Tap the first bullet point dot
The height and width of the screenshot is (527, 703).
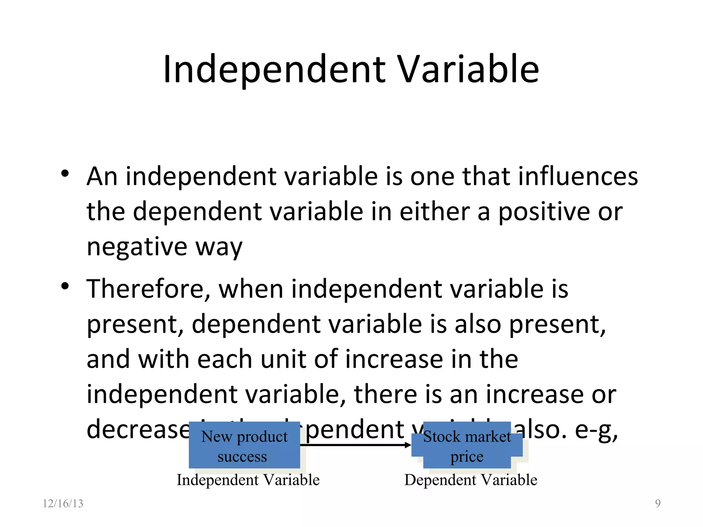tap(65, 174)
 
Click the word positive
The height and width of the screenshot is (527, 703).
tap(544, 212)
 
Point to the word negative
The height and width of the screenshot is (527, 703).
tap(137, 247)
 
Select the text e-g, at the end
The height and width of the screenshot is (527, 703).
tap(596, 430)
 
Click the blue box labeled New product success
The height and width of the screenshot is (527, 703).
tap(244, 445)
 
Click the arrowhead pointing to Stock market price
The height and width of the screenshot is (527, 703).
tap(408, 445)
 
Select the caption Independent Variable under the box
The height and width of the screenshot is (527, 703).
tap(248, 480)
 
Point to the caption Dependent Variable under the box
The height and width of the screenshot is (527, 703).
tap(471, 480)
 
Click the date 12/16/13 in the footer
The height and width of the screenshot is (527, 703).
tap(63, 503)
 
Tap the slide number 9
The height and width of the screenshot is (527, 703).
tap(658, 503)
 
